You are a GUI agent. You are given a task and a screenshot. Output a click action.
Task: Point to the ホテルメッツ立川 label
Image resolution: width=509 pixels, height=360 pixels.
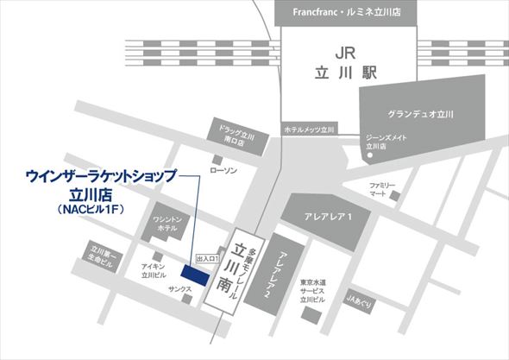(308, 129)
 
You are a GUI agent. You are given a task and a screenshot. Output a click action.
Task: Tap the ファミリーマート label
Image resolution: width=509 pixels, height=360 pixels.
(383, 190)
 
